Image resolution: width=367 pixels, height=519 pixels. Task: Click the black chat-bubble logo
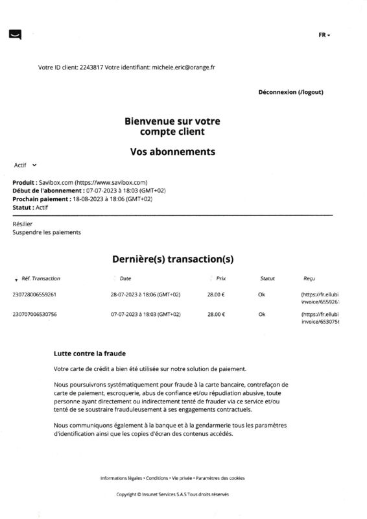15,34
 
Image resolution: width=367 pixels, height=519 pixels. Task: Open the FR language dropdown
324,35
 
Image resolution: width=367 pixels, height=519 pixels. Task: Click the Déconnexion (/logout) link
290,92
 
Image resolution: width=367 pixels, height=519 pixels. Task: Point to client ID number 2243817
90,67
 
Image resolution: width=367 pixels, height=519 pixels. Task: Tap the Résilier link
23,224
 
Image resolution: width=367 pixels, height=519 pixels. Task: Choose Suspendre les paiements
47,232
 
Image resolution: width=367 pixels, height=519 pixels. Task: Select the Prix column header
220,278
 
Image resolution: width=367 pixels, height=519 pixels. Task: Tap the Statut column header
267,278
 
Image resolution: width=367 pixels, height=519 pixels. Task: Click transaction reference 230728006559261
34,295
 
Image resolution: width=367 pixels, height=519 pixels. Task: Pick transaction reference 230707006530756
34,314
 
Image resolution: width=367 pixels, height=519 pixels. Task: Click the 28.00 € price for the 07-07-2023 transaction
216,314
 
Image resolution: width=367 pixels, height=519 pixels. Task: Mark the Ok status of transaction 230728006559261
262,295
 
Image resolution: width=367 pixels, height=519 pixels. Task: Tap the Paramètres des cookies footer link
220,478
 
